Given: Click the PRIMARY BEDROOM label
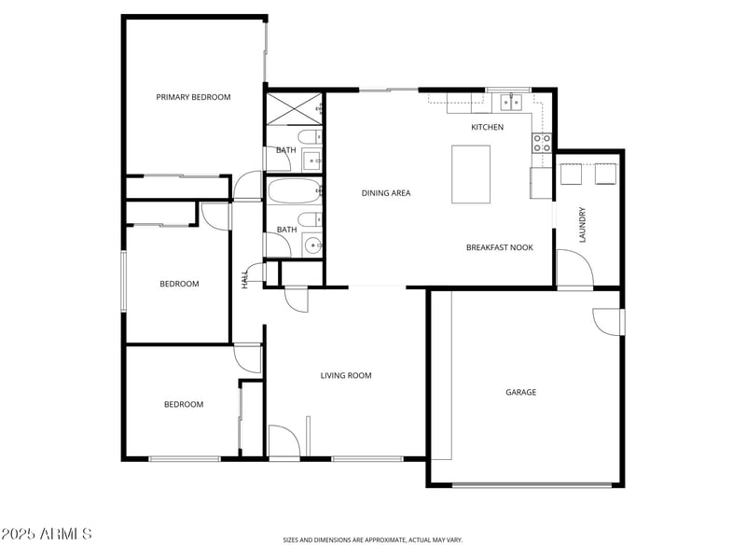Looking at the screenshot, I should click(193, 97).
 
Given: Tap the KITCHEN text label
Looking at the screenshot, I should click(487, 127).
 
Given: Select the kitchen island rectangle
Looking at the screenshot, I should click(471, 174).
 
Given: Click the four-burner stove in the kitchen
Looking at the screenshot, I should click(542, 143).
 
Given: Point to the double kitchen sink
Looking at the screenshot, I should click(509, 102).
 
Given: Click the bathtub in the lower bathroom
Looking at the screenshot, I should click(293, 192).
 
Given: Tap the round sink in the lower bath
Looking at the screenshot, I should click(312, 246).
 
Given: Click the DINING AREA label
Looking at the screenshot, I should click(386, 193).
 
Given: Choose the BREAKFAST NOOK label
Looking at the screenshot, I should click(499, 247).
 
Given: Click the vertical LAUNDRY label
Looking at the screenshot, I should click(582, 224).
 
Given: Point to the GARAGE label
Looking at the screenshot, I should click(520, 393).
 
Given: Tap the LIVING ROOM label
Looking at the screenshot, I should click(346, 376).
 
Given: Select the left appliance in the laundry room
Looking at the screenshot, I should click(570, 175).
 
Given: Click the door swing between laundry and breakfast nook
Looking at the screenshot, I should click(574, 270).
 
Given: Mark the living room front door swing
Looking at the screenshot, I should click(283, 441).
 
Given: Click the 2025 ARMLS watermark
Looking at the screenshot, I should click(47, 534).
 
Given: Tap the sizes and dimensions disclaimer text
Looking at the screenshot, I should click(372, 539).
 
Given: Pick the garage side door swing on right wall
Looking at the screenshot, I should click(608, 320).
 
